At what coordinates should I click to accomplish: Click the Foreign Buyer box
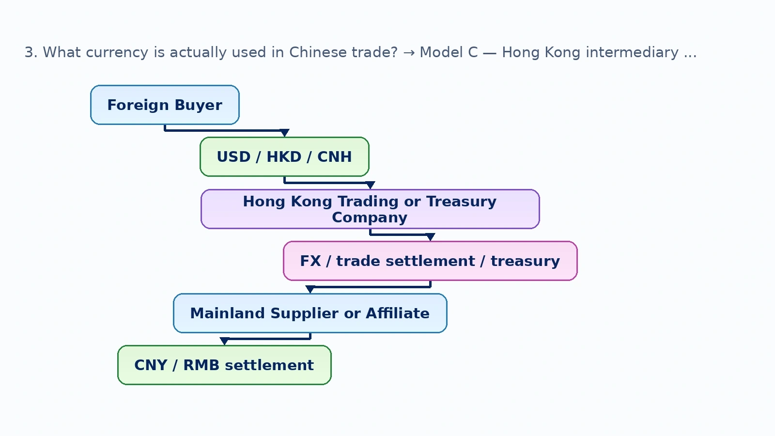(x=165, y=105)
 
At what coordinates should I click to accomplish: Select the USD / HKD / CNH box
(x=284, y=157)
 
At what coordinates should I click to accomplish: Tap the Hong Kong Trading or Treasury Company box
(x=370, y=209)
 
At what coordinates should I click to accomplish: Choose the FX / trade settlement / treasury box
(x=430, y=261)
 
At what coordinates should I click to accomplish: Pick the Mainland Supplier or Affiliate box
(x=310, y=313)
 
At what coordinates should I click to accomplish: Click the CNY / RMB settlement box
(x=224, y=365)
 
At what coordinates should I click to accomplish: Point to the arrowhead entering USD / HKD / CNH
(x=284, y=133)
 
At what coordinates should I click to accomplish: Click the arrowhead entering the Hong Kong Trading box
(x=370, y=185)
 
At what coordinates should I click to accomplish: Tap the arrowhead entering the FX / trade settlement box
(x=430, y=237)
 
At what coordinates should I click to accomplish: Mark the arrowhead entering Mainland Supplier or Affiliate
(x=310, y=289)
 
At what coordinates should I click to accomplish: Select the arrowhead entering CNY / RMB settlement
(x=224, y=341)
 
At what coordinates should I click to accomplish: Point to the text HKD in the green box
(x=284, y=157)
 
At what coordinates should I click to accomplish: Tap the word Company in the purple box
(x=370, y=218)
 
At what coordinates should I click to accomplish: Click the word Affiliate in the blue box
(x=398, y=313)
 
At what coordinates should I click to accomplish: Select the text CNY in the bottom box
(x=151, y=365)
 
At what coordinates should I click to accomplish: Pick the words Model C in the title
(x=449, y=52)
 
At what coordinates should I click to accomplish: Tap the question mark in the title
(x=394, y=52)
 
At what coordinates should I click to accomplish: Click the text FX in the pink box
(x=310, y=261)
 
